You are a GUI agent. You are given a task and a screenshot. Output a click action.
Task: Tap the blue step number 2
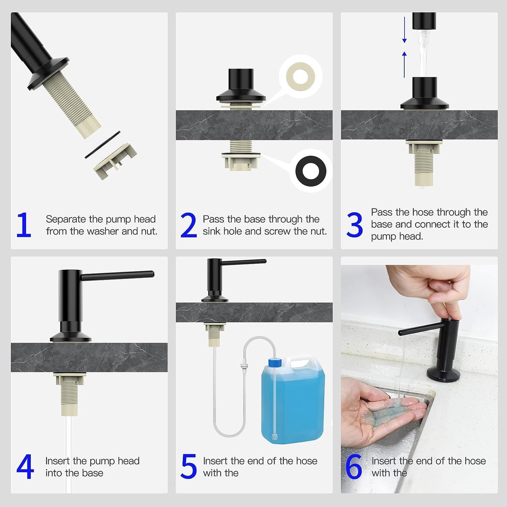click(x=189, y=225)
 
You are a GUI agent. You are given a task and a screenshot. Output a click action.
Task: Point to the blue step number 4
click(x=25, y=467)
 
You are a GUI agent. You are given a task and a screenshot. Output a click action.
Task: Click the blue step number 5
click(x=189, y=467)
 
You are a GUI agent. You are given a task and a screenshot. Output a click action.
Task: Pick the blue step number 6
click(x=354, y=467)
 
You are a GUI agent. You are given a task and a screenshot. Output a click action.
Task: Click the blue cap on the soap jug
click(x=275, y=362)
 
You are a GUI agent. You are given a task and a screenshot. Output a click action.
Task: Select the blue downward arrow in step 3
click(x=405, y=29)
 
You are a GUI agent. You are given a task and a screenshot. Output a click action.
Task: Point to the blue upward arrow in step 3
click(x=405, y=65)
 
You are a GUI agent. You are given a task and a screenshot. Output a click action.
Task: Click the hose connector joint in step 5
click(x=244, y=366)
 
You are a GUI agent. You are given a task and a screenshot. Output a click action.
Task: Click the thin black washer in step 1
click(x=102, y=145)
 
